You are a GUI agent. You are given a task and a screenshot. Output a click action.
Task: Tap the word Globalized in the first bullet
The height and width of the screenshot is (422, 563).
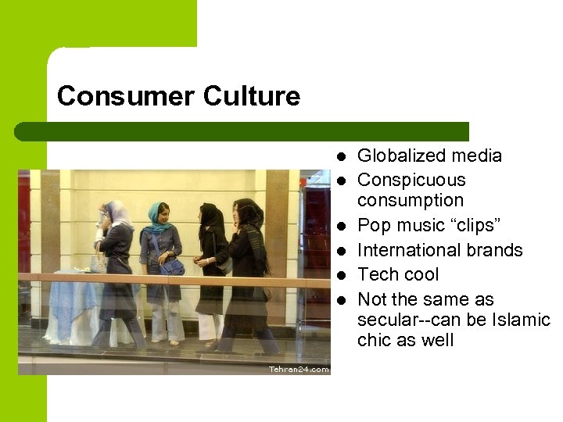399,156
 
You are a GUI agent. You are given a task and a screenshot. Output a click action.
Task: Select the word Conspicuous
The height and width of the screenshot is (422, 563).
411,181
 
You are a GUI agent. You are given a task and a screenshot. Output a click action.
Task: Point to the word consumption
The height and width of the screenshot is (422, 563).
411,201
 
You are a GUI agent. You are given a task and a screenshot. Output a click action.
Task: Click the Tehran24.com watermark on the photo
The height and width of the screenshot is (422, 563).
299,369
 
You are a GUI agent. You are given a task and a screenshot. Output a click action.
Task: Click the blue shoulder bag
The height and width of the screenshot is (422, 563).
173,266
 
